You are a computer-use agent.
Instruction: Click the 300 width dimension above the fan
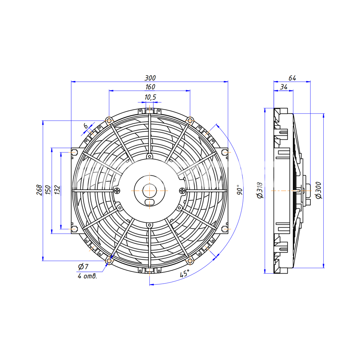150,78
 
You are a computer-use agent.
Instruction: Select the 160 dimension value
150,87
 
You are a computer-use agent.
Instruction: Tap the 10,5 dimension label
150,97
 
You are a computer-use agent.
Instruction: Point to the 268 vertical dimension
40,190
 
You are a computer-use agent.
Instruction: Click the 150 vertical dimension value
48,190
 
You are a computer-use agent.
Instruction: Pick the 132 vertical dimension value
57,190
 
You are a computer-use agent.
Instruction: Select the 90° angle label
239,190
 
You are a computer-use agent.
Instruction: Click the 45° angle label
184,274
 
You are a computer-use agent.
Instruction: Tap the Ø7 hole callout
83,266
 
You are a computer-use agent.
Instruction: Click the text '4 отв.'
87,276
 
